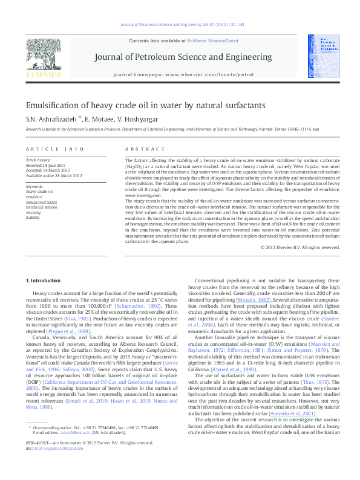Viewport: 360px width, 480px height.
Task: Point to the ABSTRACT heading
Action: point(140,149)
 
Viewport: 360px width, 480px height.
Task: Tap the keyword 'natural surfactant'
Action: point(42,202)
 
